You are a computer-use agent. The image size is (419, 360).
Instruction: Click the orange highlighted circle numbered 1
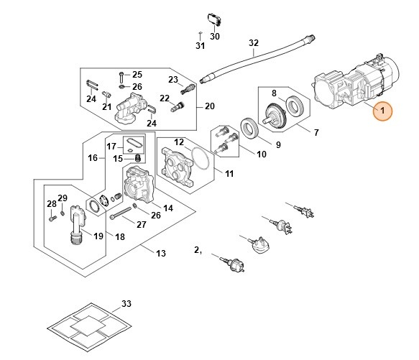[382, 111]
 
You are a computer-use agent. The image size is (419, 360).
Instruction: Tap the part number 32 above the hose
[254, 43]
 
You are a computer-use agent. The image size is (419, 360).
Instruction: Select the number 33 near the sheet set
[126, 304]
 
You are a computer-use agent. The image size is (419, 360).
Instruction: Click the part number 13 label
[161, 253]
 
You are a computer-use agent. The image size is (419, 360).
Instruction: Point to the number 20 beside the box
[210, 106]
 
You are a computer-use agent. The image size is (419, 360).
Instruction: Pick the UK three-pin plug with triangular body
[259, 244]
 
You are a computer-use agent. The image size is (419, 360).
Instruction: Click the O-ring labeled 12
[200, 158]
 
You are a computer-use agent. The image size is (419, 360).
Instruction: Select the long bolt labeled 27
[121, 213]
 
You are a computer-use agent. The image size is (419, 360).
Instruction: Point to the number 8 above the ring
[274, 93]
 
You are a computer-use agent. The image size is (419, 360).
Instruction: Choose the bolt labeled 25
[121, 77]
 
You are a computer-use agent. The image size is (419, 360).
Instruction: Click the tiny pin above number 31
[200, 33]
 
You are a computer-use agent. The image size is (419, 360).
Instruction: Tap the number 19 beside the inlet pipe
[98, 236]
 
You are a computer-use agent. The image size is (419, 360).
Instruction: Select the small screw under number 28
[52, 218]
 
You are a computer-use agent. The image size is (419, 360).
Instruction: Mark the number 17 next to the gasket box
[111, 147]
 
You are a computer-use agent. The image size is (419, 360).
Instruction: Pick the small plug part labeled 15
[138, 157]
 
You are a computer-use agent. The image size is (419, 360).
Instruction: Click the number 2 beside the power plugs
[197, 250]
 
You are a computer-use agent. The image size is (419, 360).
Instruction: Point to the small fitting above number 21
[107, 94]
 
